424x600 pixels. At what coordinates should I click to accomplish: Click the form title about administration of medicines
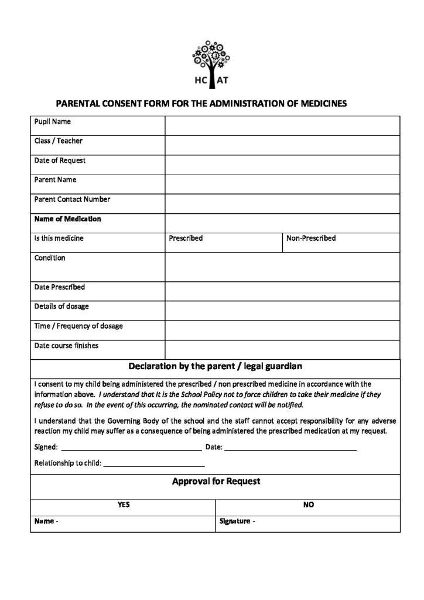[x=201, y=103]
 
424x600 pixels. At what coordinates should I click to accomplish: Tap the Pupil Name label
[x=53, y=122]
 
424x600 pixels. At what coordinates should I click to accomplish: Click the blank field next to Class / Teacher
[x=282, y=145]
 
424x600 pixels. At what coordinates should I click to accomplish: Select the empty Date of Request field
[x=282, y=165]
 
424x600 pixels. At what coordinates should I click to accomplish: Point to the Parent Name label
[x=55, y=180]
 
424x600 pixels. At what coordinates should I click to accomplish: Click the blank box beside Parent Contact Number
[x=282, y=204]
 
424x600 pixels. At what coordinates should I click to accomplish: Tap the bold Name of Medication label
[x=67, y=219]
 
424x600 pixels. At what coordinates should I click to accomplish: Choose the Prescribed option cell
[x=223, y=239]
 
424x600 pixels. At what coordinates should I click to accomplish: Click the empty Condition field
[x=282, y=267]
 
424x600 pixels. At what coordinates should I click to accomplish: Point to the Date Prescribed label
[x=59, y=287]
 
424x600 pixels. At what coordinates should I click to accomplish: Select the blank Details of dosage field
[x=282, y=311]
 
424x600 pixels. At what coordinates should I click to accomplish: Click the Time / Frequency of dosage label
[x=78, y=326]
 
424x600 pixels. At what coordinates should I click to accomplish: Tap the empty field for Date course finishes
[x=282, y=350]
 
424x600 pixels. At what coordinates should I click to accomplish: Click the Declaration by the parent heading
[x=215, y=367]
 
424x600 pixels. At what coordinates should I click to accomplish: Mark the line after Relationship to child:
[x=154, y=464]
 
